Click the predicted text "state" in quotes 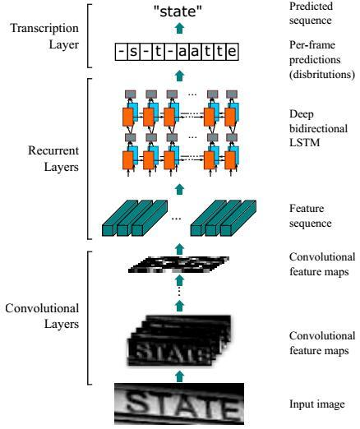pos(178,12)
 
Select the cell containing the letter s pos(133,52)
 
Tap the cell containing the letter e pos(233,52)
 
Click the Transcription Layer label pos(44,36)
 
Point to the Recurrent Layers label pos(53,159)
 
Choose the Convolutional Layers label pos(42,316)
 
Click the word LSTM pos(305,143)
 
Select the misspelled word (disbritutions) pos(322,75)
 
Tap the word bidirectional pos(319,128)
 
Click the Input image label pos(317,404)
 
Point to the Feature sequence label pos(311,215)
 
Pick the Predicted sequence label pos(311,13)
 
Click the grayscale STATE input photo pos(179,404)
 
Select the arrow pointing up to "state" pos(179,29)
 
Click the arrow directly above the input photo pos(179,376)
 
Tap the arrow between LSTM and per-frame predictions pos(179,76)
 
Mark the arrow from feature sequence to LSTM pos(179,190)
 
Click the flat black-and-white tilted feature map pos(178,265)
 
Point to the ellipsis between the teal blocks pos(176,219)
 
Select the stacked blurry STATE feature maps pos(179,340)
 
